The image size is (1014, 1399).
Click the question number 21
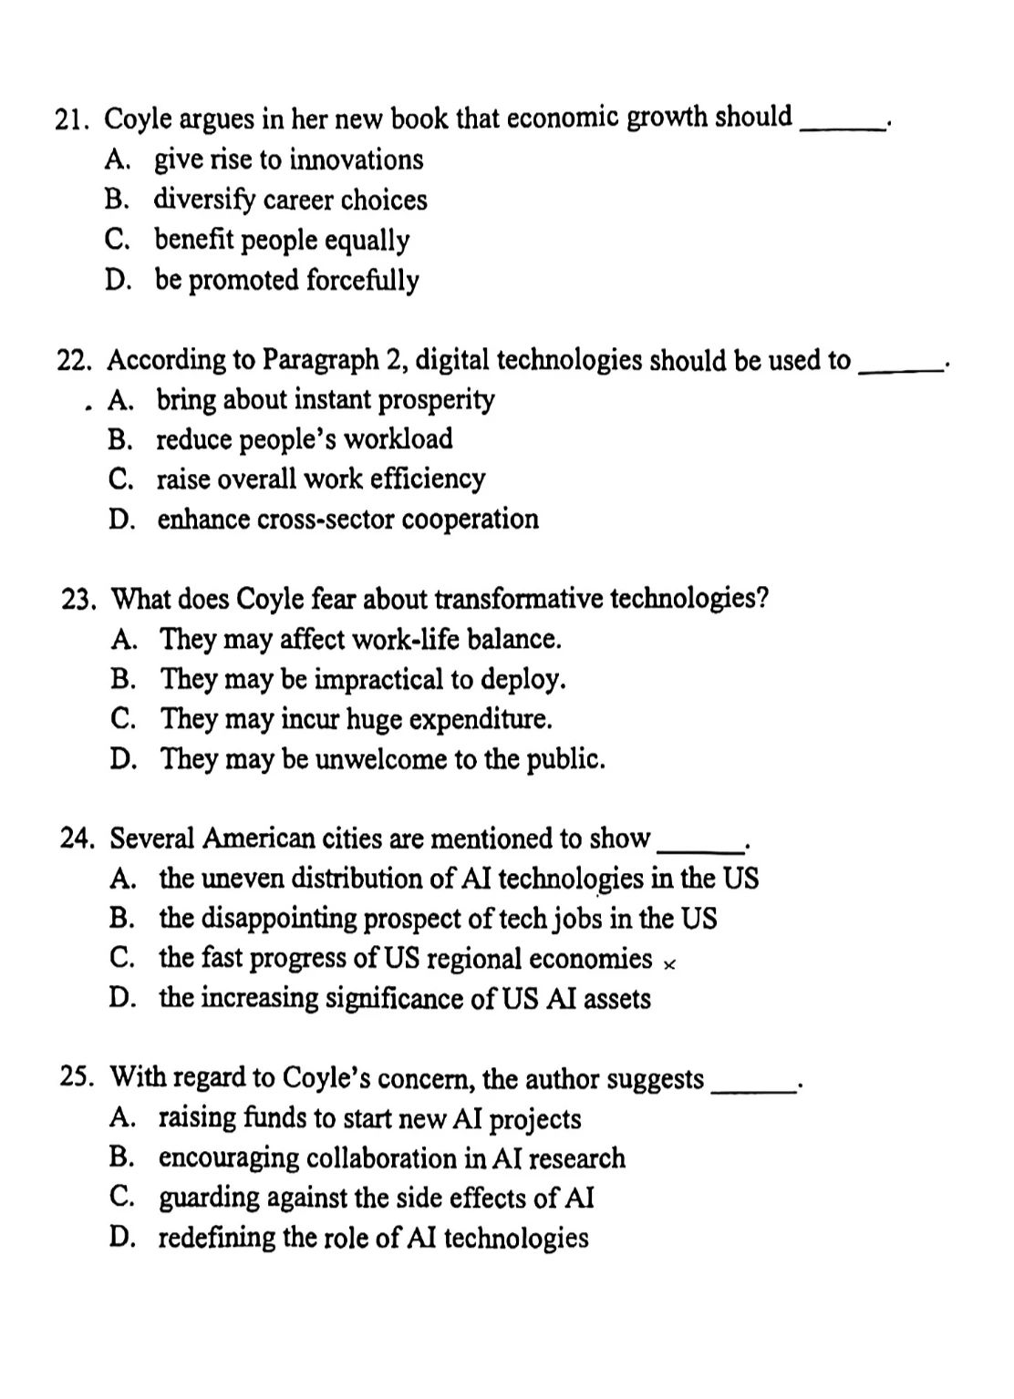click(x=72, y=120)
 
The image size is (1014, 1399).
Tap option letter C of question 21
click(x=116, y=240)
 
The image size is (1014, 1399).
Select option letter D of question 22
click(x=119, y=519)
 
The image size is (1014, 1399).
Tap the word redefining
click(x=216, y=1238)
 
